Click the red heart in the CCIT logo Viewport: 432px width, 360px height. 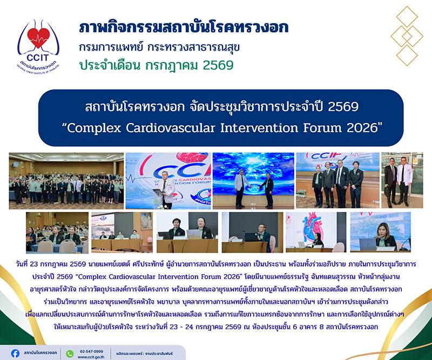(38, 38)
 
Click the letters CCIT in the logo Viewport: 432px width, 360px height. (38, 58)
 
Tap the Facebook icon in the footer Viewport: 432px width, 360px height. (15, 354)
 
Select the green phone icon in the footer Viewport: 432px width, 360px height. (70, 354)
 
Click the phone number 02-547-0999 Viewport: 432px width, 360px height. (91, 351)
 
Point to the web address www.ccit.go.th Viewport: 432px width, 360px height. (91, 357)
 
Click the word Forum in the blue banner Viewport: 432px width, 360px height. (322, 128)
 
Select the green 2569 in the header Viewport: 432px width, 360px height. (218, 65)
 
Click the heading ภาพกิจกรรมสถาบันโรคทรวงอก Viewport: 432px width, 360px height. (184, 28)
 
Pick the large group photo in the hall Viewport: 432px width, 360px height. (66, 181)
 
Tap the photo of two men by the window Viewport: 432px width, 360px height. (402, 180)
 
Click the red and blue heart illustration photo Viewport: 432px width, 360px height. (316, 232)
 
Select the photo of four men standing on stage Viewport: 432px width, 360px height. (338, 180)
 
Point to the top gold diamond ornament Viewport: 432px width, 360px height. (407, 17)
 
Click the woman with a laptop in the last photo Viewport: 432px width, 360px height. (385, 236)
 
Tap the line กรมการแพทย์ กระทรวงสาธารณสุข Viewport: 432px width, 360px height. (159, 47)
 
